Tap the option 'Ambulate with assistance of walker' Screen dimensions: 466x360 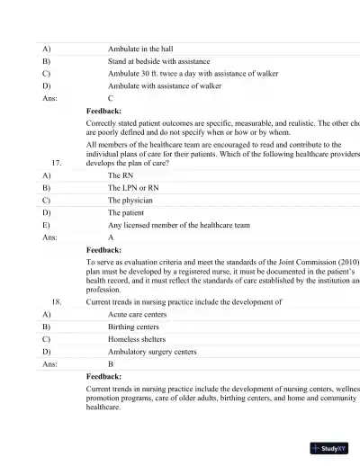(165, 86)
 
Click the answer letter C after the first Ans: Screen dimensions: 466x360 (111, 99)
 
